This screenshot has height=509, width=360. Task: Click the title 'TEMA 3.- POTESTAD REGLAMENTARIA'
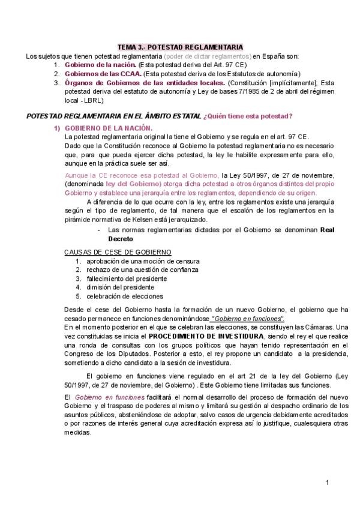179,47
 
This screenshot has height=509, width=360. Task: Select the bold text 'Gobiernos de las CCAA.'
99,74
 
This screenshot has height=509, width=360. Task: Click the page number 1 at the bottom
328,482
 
